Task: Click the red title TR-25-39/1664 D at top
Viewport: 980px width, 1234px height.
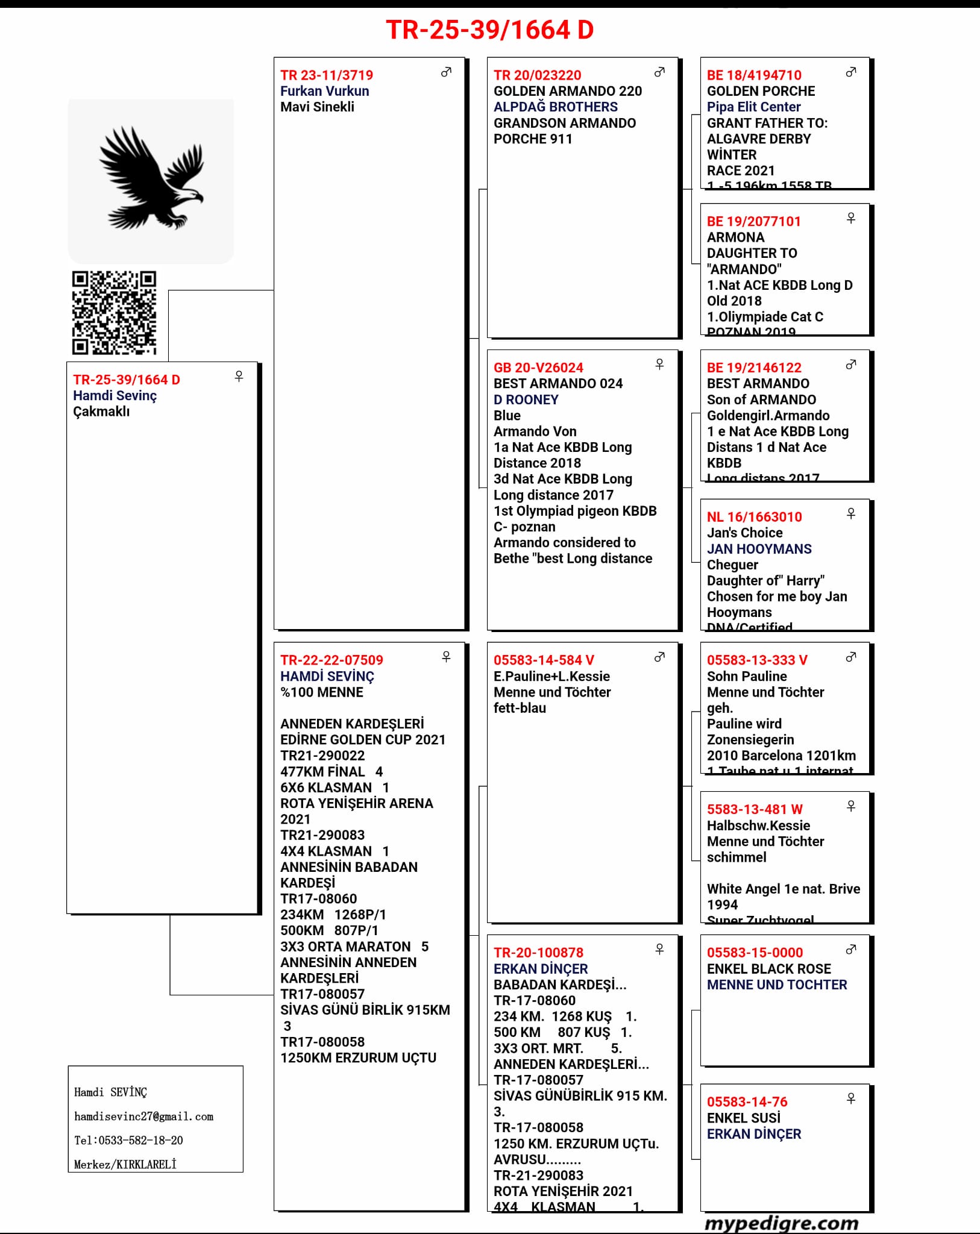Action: [489, 30]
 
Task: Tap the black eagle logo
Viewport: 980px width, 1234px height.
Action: [151, 178]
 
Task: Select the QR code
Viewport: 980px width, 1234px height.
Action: [114, 312]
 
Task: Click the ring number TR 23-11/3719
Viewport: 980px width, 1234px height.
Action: [327, 75]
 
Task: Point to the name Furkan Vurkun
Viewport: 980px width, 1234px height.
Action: [324, 91]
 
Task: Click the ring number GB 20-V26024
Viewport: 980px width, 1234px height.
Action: [538, 368]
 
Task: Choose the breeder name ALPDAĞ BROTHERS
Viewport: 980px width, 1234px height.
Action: [555, 107]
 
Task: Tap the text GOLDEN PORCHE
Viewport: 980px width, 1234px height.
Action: [761, 91]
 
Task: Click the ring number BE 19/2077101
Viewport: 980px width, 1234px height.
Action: [753, 221]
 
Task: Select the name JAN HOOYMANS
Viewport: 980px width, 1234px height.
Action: [759, 549]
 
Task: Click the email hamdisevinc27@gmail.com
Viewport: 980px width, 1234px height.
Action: [143, 1117]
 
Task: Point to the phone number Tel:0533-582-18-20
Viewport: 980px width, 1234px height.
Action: [128, 1140]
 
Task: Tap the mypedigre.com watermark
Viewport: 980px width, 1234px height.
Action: [781, 1223]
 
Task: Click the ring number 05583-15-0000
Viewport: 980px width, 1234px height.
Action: [755, 953]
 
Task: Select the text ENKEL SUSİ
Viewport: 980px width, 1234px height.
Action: [743, 1118]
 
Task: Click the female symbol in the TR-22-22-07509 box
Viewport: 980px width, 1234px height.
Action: [446, 657]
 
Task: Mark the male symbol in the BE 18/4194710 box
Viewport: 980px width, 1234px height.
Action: [851, 72]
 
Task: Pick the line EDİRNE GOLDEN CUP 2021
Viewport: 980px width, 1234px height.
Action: [363, 739]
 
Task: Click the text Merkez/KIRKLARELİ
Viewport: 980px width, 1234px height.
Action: [125, 1164]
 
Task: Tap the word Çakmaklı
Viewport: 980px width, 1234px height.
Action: [101, 412]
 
